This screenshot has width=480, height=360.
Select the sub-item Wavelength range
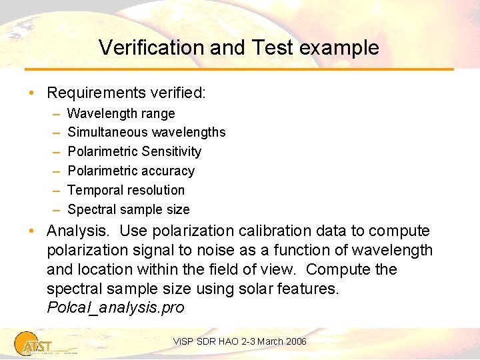coord(121,114)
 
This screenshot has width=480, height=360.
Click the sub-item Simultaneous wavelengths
coord(146,133)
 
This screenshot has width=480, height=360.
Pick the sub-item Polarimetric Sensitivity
coord(134,151)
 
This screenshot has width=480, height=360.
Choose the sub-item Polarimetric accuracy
coord(131,171)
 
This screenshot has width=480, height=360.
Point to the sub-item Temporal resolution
coord(126,190)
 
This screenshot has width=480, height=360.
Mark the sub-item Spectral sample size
coord(128,209)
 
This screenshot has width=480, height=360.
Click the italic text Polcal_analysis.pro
coord(115,308)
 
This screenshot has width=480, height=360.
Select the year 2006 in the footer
coord(295,341)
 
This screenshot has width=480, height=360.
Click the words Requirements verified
coord(126,92)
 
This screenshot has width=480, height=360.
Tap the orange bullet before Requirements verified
coord(32,92)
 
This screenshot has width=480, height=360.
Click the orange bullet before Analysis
coord(32,231)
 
